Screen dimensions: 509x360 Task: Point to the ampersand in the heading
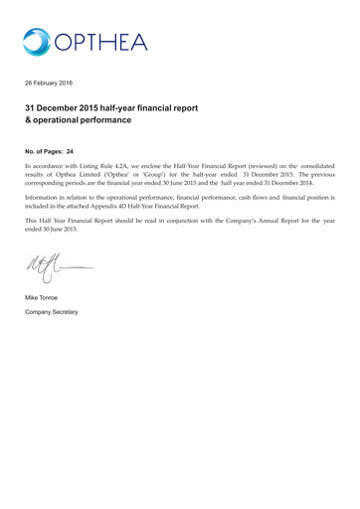[29, 120]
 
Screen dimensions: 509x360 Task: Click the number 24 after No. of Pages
[70, 151]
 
